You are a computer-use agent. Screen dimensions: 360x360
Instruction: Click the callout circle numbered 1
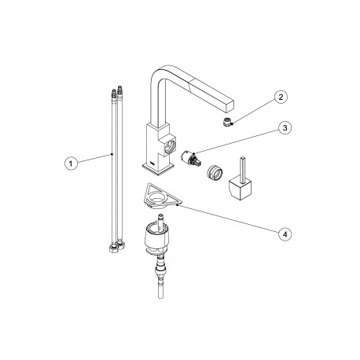71,163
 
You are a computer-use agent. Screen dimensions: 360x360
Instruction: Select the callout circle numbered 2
281,97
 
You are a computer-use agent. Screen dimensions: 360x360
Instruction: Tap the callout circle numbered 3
285,128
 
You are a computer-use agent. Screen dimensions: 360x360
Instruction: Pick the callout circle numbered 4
285,233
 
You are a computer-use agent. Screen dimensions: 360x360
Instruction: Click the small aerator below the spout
227,122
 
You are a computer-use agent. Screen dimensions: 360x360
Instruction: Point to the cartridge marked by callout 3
192,159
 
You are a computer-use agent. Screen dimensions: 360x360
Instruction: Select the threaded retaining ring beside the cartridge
215,172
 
